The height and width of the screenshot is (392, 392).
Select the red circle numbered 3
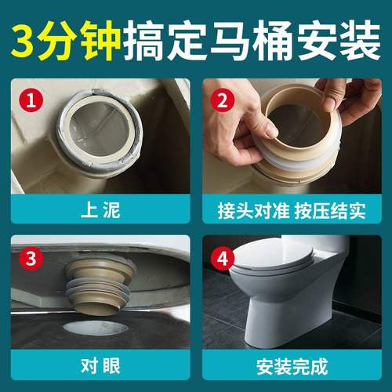tap(31, 258)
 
